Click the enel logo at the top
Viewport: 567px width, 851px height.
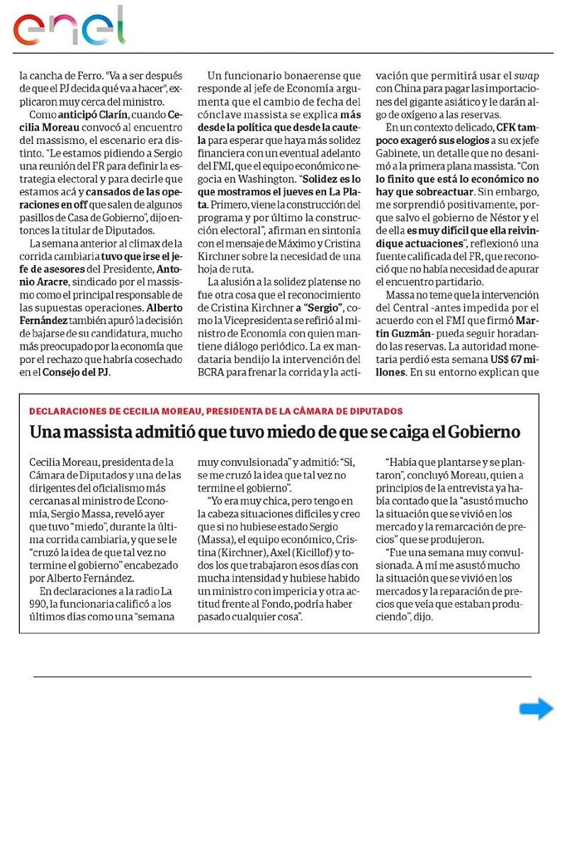[69, 26]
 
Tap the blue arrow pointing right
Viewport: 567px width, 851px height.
[536, 708]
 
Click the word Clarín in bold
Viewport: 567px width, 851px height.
[110, 115]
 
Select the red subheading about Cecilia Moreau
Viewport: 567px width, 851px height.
[216, 411]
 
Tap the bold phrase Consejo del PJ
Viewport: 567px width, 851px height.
[76, 372]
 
